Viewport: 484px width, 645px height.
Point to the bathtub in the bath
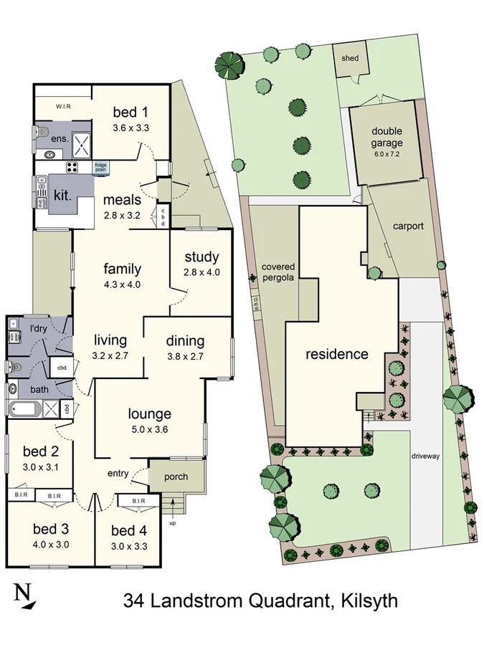pos(26,410)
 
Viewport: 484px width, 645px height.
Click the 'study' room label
pos(201,257)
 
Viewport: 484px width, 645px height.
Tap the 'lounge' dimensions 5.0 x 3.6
pos(150,429)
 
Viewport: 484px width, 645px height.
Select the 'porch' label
pos(176,477)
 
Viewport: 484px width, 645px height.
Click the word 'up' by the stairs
pos(171,522)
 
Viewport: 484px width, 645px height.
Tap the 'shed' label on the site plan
pos(350,58)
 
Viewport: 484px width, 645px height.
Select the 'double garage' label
pos(387,137)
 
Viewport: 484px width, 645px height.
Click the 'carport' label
pos(408,226)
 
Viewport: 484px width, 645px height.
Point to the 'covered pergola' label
pos(278,272)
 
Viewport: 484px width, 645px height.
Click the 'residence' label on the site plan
pos(337,354)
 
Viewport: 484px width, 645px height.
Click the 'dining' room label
pos(185,341)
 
